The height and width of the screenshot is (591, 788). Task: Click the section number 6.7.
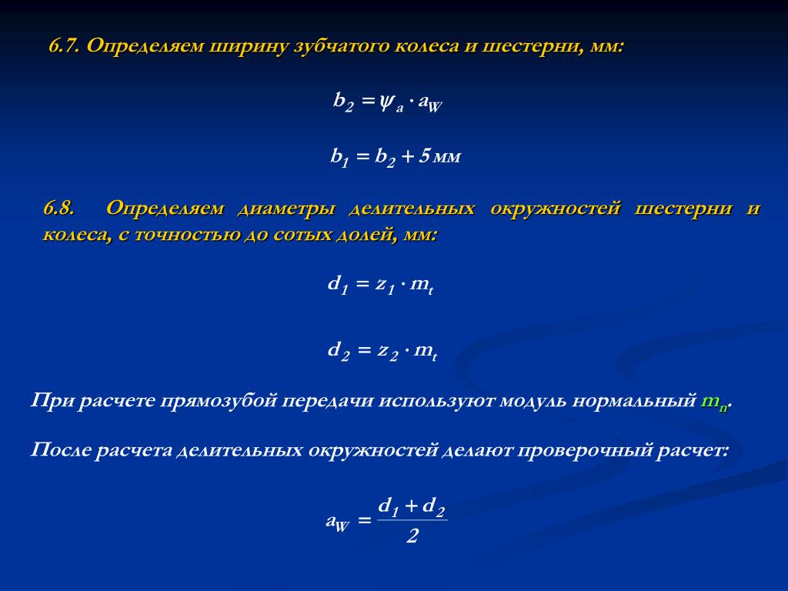64,45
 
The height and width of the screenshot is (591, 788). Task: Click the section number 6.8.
58,208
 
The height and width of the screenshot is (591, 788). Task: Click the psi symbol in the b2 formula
386,102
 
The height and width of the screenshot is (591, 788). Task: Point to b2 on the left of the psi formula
344,102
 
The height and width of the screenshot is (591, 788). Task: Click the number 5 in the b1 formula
424,156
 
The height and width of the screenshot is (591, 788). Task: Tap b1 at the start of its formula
339,157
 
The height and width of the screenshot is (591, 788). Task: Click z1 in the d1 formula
385,285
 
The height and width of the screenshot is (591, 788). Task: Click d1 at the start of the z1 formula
338,285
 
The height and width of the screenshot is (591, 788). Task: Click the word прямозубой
219,402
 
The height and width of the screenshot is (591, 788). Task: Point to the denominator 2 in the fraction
412,536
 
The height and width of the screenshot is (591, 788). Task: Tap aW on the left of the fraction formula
337,523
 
